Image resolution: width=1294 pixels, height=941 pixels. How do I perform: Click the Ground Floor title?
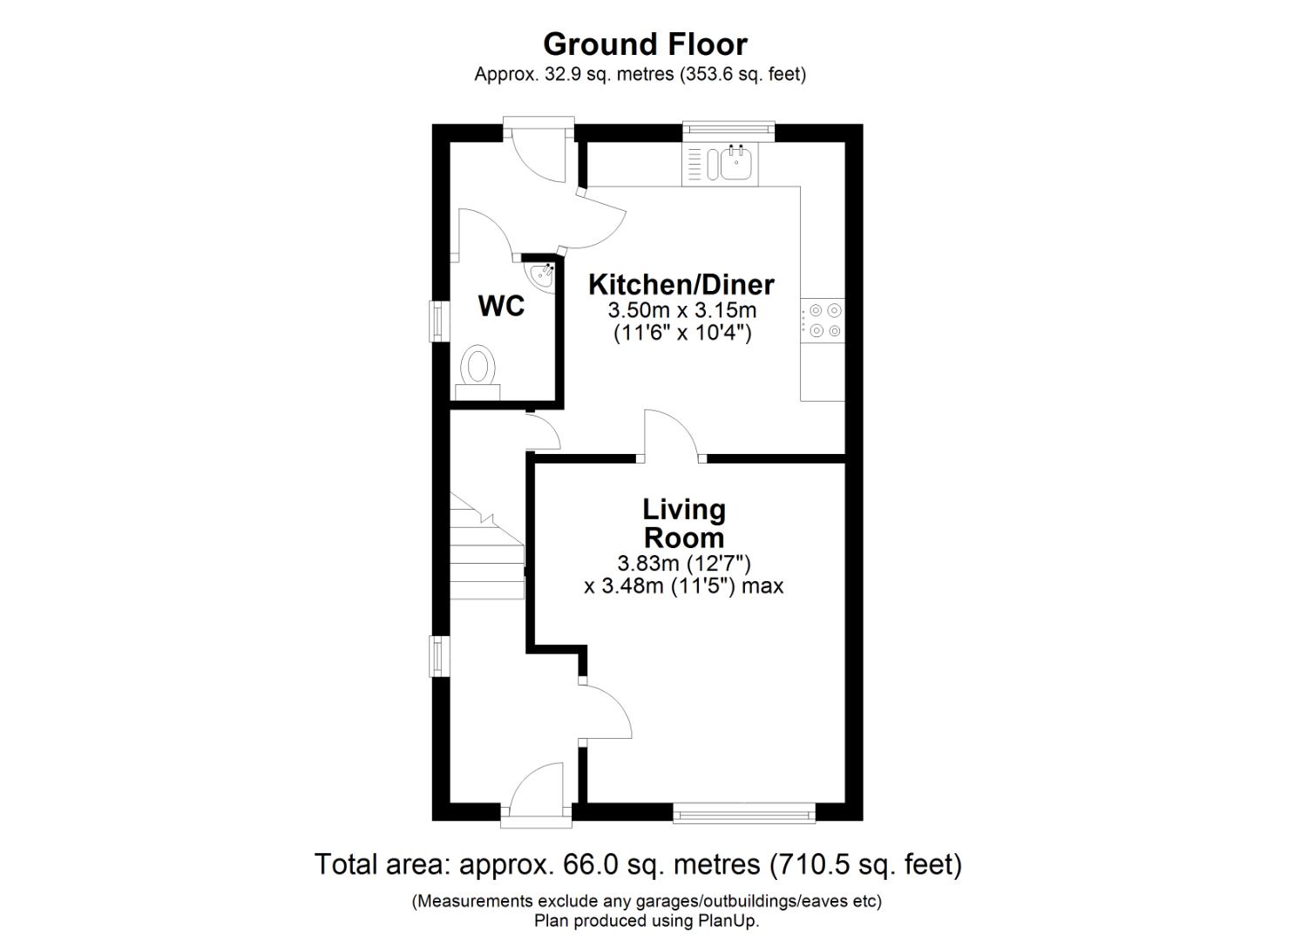[645, 44]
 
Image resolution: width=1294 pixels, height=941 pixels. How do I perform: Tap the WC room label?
[501, 306]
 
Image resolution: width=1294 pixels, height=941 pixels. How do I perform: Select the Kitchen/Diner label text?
[681, 284]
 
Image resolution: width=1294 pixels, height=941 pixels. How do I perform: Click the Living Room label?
[683, 523]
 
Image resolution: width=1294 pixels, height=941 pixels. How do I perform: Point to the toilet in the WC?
[478, 367]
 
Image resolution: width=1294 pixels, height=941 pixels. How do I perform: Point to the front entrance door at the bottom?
[537, 793]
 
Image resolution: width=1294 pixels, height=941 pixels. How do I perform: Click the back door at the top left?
[539, 152]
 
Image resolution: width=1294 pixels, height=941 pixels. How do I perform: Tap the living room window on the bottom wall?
[743, 815]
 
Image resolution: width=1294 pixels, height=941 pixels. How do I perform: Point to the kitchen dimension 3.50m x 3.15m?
[681, 310]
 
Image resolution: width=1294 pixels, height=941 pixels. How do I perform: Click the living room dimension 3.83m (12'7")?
[683, 563]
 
